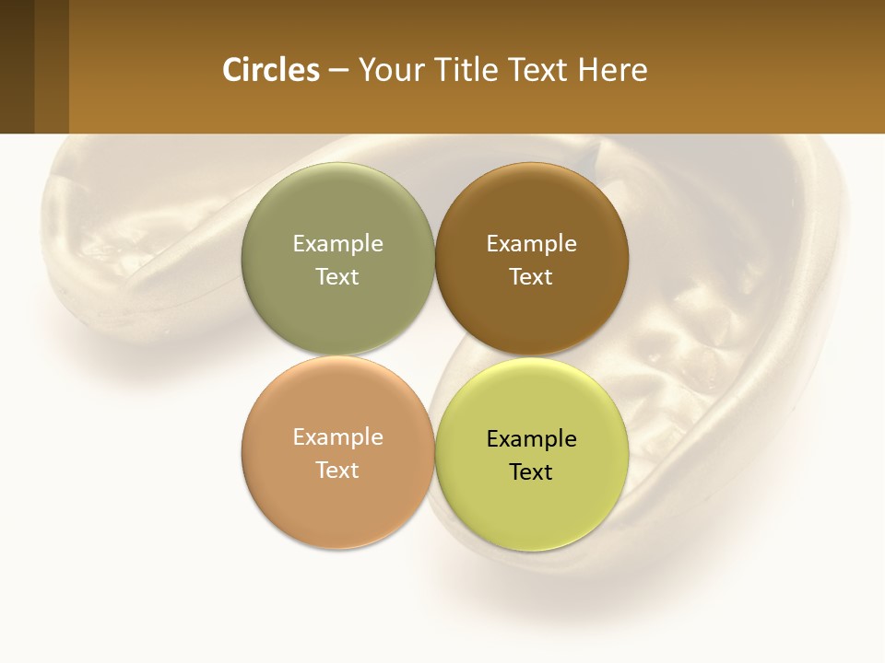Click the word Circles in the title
[x=271, y=70]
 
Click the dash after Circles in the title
[x=338, y=71]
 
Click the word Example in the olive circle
[x=337, y=243]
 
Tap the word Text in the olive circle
[x=337, y=276]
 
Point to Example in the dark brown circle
[x=531, y=243]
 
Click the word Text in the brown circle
[x=531, y=276]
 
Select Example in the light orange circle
[x=337, y=436]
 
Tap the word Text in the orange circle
[x=337, y=470]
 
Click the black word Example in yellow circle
[x=531, y=438]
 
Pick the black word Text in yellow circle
[x=531, y=471]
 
